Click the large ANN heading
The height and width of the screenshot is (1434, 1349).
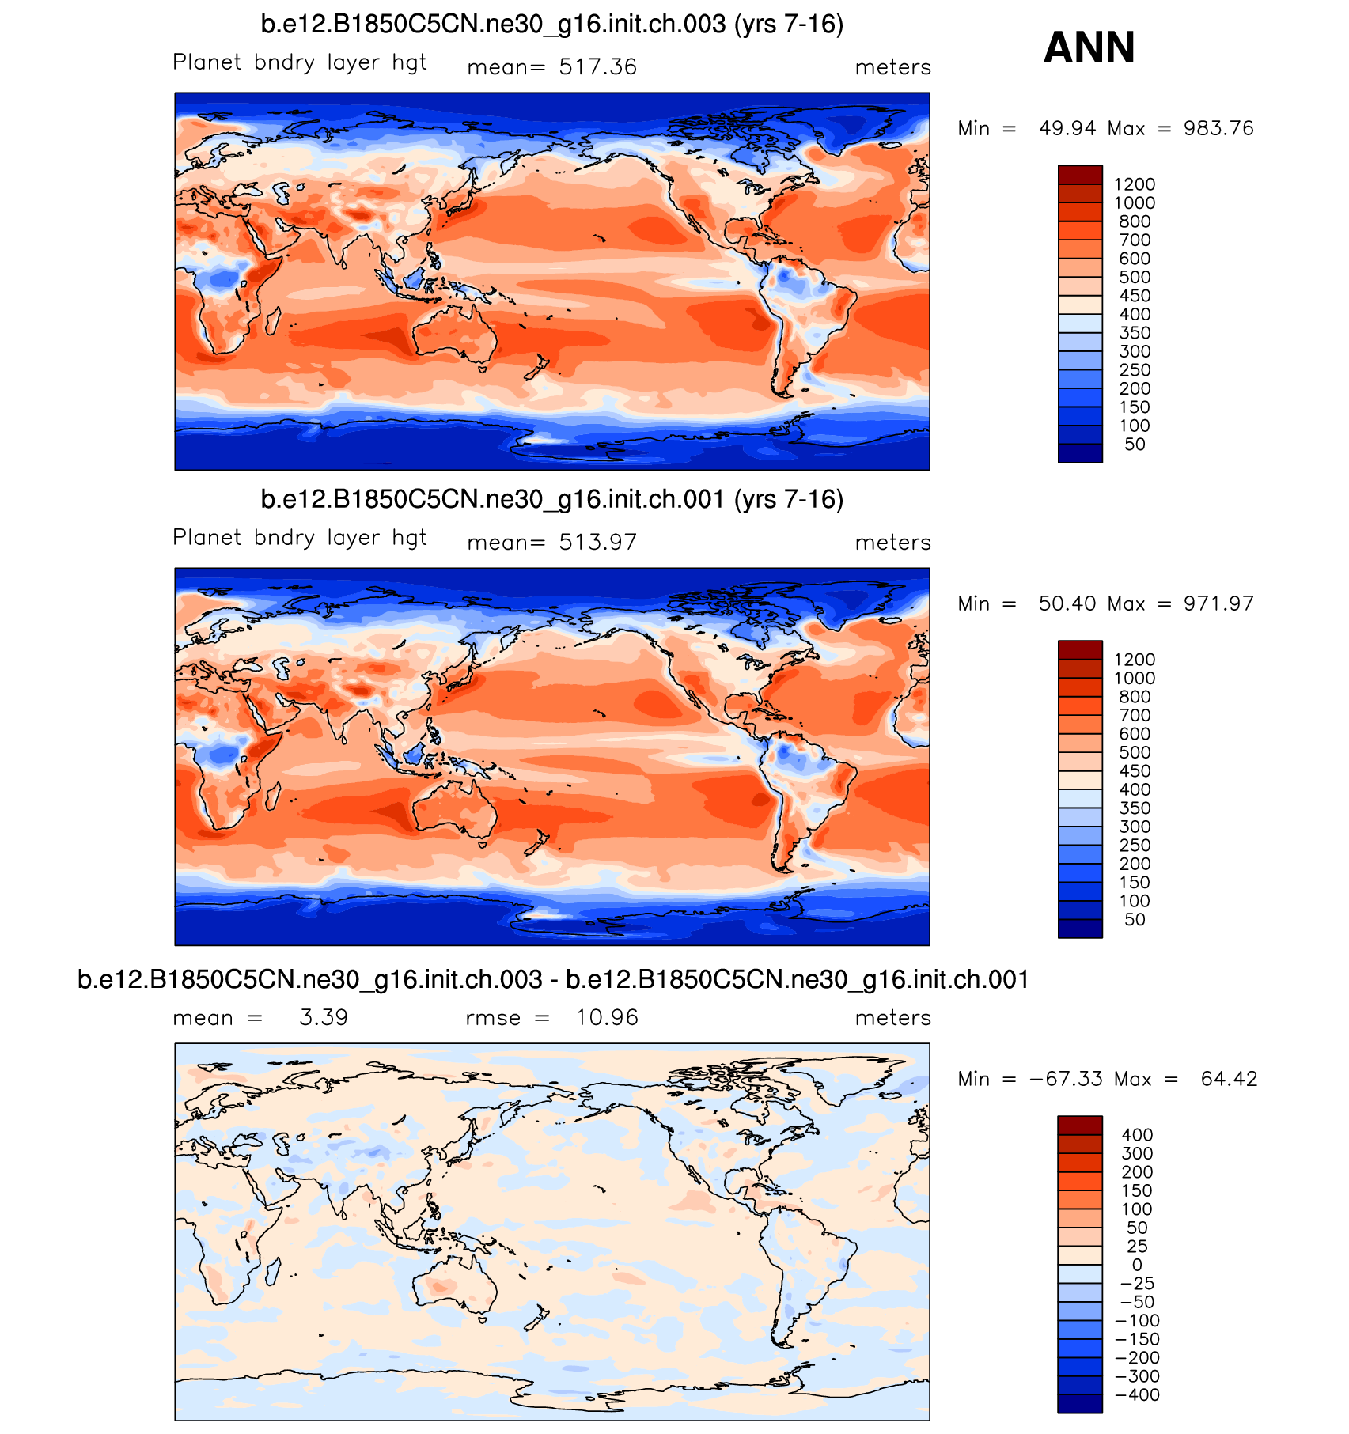tap(1089, 47)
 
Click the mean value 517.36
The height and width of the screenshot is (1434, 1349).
tap(597, 67)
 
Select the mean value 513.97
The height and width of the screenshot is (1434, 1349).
tap(597, 543)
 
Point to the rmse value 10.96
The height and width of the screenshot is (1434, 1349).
tap(607, 1018)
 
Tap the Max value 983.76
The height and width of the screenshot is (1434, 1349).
tap(1218, 128)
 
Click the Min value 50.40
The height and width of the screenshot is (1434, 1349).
tap(1067, 603)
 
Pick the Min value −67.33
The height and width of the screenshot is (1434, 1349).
tap(1066, 1079)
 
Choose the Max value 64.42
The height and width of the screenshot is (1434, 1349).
tap(1229, 1079)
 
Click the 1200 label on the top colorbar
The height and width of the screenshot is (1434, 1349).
tap(1135, 184)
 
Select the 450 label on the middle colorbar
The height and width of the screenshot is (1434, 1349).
tap(1135, 771)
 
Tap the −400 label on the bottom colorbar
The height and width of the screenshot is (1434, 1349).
tap(1137, 1394)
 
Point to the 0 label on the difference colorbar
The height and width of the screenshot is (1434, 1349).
tap(1137, 1265)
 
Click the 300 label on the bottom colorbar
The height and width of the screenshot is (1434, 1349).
tap(1137, 1153)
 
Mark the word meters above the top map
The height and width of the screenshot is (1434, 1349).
tap(892, 67)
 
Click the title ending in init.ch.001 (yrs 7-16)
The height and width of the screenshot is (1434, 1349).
tap(551, 500)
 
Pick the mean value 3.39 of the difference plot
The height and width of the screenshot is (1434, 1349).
tap(324, 1018)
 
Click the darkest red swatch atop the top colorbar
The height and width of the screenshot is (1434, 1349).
tap(1080, 175)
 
